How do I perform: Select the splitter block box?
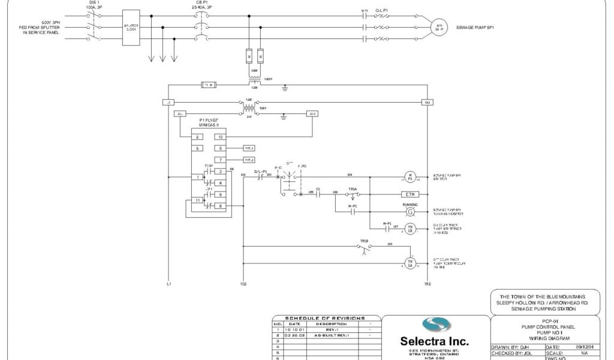pos(130,28)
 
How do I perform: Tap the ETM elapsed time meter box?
pos(411,194)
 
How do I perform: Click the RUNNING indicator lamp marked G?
pos(411,212)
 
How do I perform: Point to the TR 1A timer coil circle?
pos(411,263)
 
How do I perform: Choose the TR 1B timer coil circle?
pos(411,229)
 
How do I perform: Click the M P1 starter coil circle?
pos(411,177)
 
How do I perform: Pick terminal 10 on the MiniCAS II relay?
pos(221,137)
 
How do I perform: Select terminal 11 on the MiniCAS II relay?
pos(197,200)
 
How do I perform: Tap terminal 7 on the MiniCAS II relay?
pos(221,160)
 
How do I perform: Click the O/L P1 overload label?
pos(383,11)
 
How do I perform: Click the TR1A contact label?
pos(354,188)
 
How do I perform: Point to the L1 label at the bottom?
pos(168,283)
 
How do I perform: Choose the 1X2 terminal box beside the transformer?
pos(426,103)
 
